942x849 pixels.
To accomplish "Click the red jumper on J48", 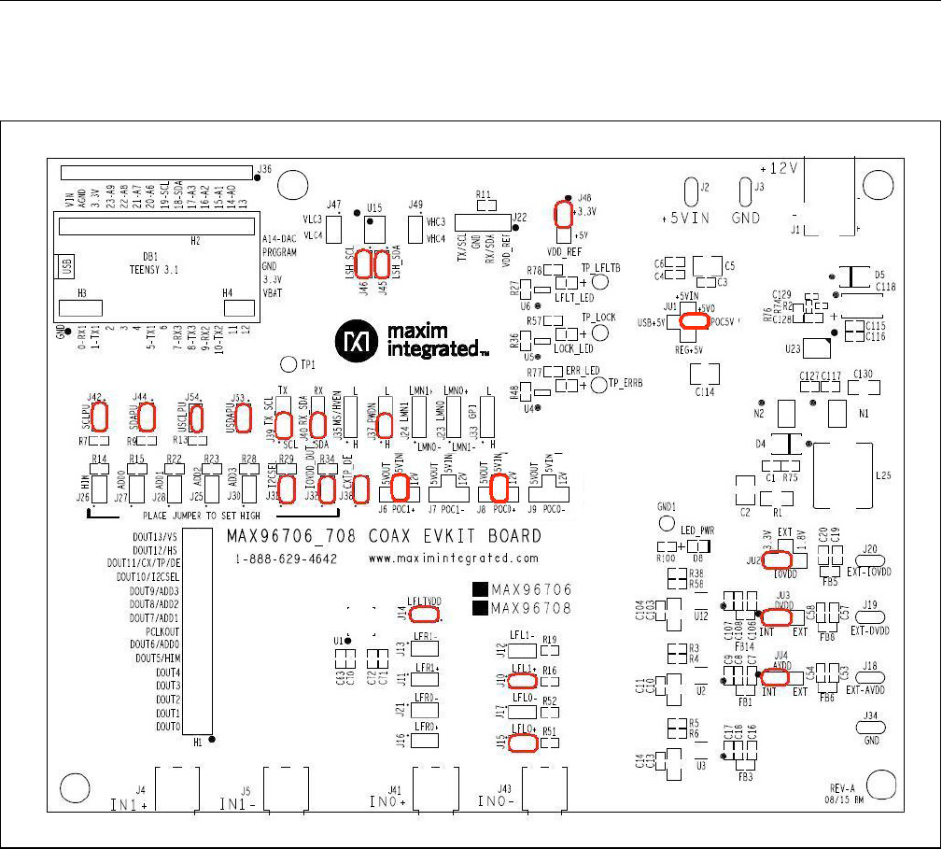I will (x=562, y=215).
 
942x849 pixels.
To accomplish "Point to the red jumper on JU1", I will (x=694, y=321).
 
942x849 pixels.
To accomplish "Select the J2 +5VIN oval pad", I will (x=691, y=192).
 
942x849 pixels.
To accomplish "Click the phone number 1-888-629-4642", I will (x=285, y=559).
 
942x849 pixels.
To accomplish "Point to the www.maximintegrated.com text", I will (x=454, y=559).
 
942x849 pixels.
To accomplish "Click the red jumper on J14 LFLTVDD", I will (x=425, y=614).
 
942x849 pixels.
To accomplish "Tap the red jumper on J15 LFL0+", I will (x=523, y=743).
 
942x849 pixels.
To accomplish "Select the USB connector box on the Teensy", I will (x=65, y=266).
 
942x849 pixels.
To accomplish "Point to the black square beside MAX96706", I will (x=480, y=589).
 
